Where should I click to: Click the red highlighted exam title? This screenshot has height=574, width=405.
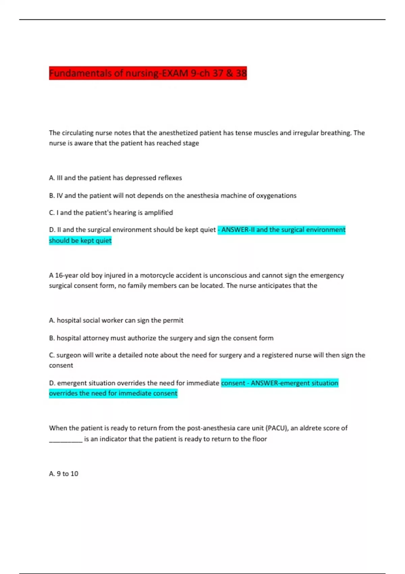(x=147, y=73)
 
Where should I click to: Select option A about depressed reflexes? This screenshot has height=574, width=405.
(x=115, y=178)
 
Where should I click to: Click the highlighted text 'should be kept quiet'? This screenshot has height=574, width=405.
(x=80, y=240)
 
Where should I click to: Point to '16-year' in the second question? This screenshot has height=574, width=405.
(x=66, y=275)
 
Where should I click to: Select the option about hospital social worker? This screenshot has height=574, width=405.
(x=116, y=320)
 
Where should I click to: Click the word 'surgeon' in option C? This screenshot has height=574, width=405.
(x=68, y=355)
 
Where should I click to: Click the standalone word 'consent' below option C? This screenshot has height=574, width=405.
(x=61, y=365)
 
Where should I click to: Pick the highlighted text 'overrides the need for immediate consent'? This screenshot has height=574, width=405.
(x=113, y=393)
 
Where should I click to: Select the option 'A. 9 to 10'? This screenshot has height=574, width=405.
(x=63, y=474)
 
